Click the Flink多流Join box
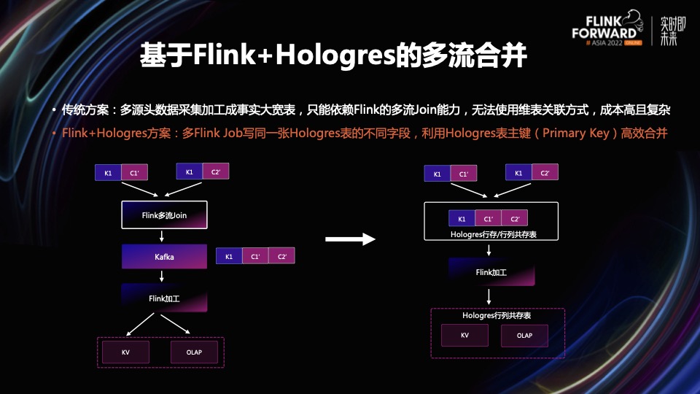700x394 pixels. [x=164, y=215]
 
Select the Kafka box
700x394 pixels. [x=164, y=257]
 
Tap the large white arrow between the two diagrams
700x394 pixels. [x=349, y=239]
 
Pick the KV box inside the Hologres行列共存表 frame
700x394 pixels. [x=464, y=336]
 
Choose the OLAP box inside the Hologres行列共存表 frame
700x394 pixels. [x=524, y=336]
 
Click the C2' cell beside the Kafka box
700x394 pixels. [x=281, y=257]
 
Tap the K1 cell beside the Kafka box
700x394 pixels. [x=229, y=257]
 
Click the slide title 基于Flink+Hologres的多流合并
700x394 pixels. [x=332, y=56]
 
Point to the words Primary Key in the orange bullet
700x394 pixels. [x=575, y=134]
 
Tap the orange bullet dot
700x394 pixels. [x=53, y=134]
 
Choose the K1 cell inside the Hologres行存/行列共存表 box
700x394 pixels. [x=461, y=219]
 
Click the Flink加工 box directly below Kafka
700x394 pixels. [x=164, y=298]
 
